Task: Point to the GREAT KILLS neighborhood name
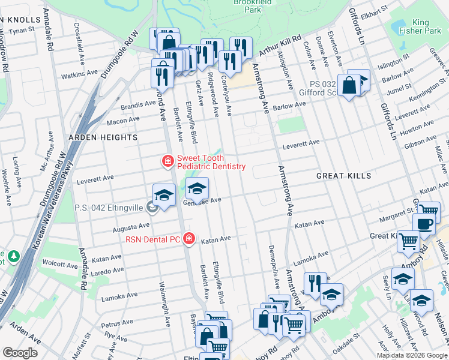click(x=344, y=176)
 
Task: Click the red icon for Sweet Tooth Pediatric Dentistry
click(x=168, y=161)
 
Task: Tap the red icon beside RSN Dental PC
click(x=189, y=239)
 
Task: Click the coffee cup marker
click(x=424, y=224)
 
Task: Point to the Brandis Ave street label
click(x=137, y=104)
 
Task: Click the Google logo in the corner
click(x=20, y=353)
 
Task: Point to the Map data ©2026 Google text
click(x=411, y=355)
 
